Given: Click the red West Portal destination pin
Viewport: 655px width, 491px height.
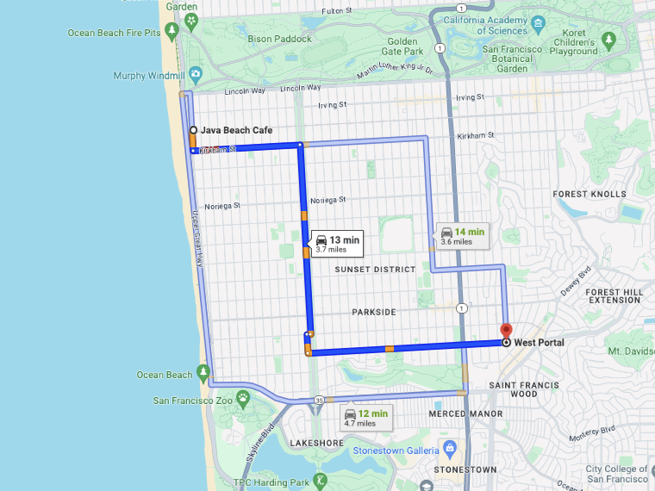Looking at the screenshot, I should coord(506,330).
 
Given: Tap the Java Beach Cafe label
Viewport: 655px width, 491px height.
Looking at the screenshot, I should coord(236,130).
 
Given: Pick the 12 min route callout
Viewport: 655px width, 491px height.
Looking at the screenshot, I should coord(366,418).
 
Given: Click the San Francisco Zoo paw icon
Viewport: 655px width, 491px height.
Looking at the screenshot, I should coord(244,400).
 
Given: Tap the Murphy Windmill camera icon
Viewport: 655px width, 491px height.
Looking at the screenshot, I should coord(196,76).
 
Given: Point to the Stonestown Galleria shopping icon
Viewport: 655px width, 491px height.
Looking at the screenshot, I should coord(448,449).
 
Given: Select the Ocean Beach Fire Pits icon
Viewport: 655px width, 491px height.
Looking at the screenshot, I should coord(172,33).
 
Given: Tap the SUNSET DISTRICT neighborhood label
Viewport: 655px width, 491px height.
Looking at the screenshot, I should coord(375,270).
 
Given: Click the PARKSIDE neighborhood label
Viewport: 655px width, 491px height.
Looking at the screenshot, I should coord(373,311).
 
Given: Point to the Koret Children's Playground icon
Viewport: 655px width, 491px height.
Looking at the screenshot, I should coord(610,40).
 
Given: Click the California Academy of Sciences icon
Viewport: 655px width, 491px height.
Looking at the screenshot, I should coord(539,23).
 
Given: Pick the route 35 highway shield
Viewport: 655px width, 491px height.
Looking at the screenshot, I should coord(319,400).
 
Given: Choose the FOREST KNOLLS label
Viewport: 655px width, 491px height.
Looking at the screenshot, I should coord(589,194).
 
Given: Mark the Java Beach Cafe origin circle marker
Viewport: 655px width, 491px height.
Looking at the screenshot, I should coord(192,130).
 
